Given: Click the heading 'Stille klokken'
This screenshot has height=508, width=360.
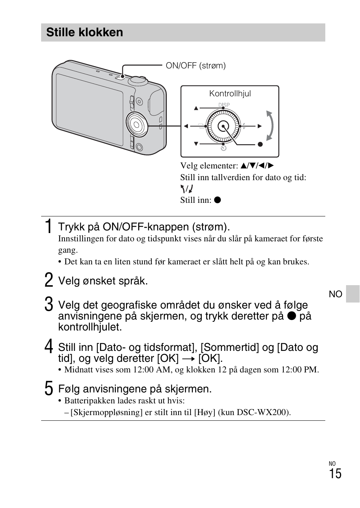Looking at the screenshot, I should (85, 32).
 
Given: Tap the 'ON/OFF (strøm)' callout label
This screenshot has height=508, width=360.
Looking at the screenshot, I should (195, 66).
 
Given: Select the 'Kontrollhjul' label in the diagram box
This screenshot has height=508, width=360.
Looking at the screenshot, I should (230, 94).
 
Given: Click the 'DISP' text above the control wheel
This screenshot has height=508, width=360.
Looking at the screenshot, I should (224, 105).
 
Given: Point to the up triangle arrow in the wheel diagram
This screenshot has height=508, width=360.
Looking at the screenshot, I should (196, 108).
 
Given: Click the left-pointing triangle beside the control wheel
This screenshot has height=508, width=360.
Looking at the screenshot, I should (186, 126).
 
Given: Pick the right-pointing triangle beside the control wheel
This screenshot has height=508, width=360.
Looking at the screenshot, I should (260, 126).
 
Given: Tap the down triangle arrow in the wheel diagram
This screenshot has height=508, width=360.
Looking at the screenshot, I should (196, 144).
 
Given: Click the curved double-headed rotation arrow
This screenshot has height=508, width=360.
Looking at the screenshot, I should (269, 126).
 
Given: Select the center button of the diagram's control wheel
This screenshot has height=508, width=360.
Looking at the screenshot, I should (223, 126).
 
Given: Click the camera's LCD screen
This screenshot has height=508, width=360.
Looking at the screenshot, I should (89, 110).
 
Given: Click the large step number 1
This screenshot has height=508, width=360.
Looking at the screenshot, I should (48, 226).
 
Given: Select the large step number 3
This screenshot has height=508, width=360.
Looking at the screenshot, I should (48, 305).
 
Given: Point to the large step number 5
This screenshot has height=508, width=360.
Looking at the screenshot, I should (48, 389).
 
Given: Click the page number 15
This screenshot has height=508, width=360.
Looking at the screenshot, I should (335, 474).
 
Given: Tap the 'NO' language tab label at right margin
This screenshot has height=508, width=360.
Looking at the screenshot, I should (335, 294).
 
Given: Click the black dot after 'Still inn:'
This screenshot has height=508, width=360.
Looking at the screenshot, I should (217, 200).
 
